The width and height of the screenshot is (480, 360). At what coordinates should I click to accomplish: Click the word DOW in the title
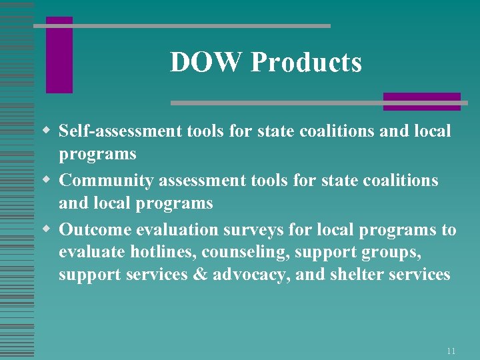click(x=207, y=63)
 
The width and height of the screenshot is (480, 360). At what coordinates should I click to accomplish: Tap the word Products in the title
click(x=306, y=63)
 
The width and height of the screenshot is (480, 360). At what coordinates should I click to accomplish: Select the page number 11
click(x=451, y=351)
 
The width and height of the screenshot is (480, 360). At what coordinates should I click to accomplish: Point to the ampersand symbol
click(x=200, y=275)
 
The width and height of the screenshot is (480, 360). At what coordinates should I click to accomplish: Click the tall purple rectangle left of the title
click(x=59, y=55)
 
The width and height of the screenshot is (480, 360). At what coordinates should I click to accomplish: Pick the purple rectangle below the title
click(x=421, y=101)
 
